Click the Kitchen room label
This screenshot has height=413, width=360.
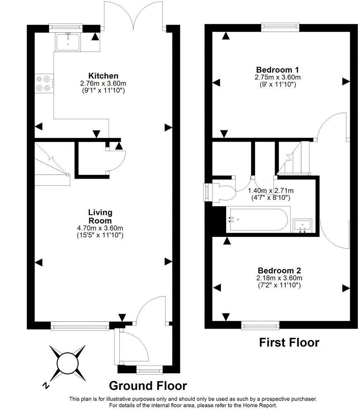[x=103, y=76]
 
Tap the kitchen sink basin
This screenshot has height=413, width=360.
[x=68, y=42]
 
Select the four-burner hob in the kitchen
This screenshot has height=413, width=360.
[x=44, y=83]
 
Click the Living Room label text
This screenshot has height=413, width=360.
[x=100, y=216]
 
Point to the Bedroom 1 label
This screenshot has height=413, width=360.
[x=277, y=70]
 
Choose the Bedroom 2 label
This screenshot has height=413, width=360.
[x=279, y=271]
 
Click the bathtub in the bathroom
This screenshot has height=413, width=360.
[x=258, y=219]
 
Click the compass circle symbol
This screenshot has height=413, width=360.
[x=68, y=363]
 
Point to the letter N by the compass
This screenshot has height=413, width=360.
[x=46, y=386]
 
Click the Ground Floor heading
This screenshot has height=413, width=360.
[x=148, y=386]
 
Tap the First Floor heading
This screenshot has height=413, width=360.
[x=289, y=342]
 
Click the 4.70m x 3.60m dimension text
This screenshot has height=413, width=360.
[x=100, y=228]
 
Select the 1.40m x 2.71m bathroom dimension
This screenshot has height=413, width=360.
[x=271, y=191]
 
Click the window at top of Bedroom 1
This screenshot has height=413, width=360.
[x=280, y=27]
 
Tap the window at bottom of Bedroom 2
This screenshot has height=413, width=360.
[x=261, y=325]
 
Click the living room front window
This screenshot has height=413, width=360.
[x=80, y=326]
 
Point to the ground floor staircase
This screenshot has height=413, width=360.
[x=52, y=164]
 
